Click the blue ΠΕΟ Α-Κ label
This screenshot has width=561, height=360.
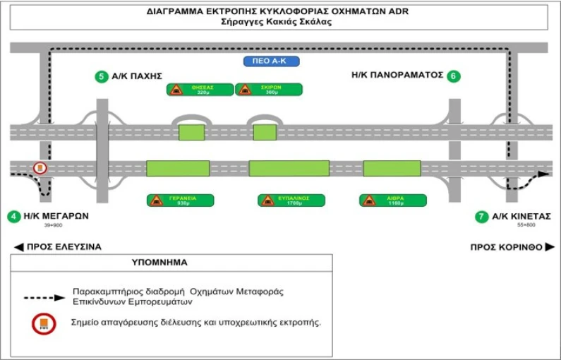[271, 61]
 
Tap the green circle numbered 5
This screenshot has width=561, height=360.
[102, 76]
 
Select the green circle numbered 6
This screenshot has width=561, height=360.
[454, 76]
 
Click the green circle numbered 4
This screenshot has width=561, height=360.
[14, 216]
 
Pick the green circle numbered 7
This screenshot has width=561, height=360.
[482, 216]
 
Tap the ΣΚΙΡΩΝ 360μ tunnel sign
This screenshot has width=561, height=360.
[269, 90]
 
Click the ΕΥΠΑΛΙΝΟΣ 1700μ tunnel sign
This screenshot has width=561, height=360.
[291, 200]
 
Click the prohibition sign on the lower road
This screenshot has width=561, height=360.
[40, 168]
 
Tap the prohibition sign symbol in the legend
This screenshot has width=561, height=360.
[44, 324]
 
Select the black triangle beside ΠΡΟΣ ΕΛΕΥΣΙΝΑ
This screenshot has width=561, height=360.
[18, 247]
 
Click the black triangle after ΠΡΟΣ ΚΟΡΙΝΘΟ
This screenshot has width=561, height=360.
[550, 247]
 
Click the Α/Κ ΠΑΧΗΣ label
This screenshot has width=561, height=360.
[139, 76]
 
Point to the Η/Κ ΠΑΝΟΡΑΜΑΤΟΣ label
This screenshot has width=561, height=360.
[397, 76]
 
